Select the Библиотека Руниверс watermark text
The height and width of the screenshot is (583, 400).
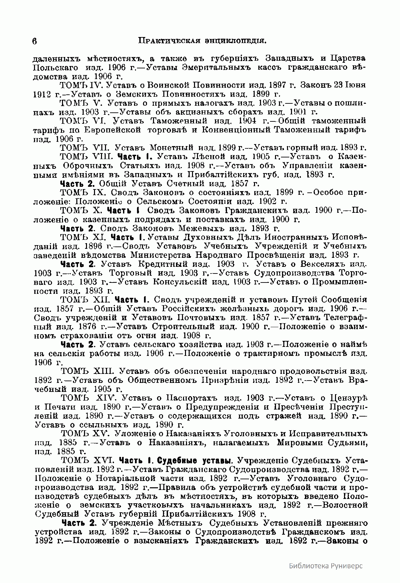coord(325,566)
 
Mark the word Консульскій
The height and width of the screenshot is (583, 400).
coord(187,282)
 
